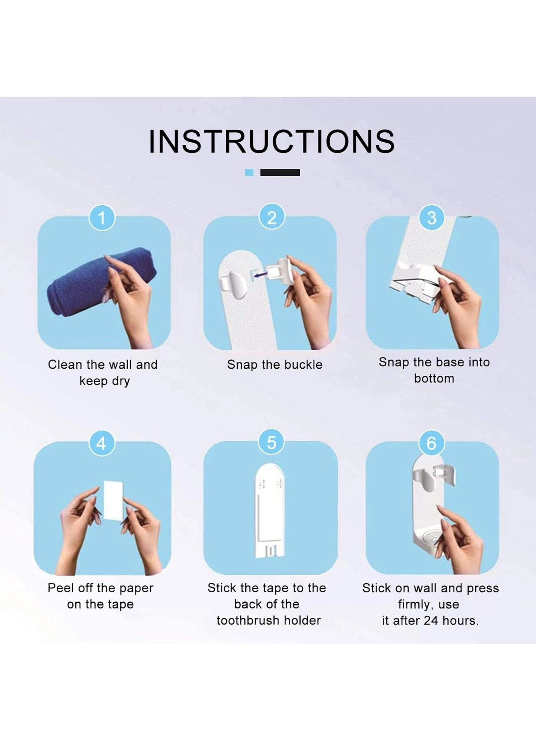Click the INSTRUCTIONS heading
point(271,141)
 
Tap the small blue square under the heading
point(249,172)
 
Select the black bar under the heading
point(280,172)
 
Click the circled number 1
point(102,218)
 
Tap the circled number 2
point(271,218)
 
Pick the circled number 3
point(431,218)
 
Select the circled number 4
point(101,443)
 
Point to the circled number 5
point(271,442)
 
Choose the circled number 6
point(431,443)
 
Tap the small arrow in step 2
point(262,274)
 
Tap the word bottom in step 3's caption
point(434,379)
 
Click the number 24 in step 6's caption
point(431,620)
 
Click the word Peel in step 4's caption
point(60,588)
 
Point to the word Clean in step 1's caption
point(65,364)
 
